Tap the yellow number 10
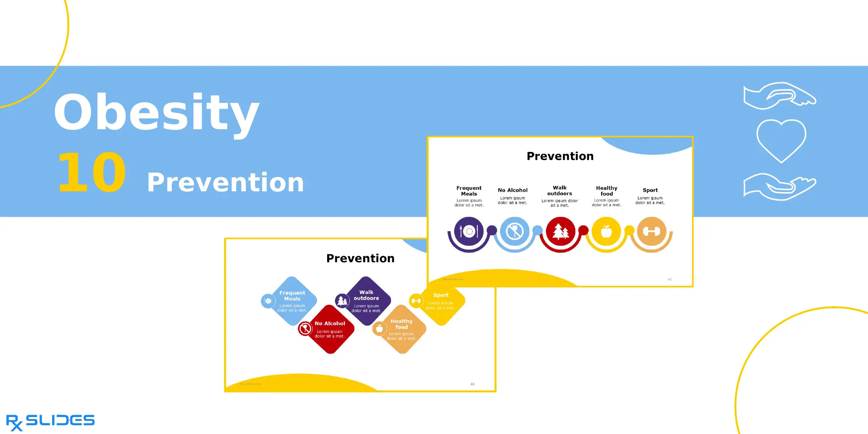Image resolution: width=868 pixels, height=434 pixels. (92, 172)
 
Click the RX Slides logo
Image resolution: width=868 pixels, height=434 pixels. (50, 422)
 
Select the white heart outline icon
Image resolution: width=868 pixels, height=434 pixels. (781, 140)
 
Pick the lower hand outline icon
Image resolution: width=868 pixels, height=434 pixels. (779, 187)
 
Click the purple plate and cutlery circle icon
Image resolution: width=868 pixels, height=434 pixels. (469, 231)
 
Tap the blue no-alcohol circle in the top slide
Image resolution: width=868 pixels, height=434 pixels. (514, 231)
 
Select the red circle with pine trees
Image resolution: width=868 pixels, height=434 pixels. (561, 231)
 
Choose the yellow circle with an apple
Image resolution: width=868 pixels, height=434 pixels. (606, 231)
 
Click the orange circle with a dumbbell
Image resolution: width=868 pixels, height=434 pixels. (652, 231)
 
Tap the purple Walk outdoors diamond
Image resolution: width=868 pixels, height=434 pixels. (366, 301)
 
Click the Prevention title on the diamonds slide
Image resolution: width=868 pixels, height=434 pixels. (360, 258)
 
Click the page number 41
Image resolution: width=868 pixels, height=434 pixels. (670, 279)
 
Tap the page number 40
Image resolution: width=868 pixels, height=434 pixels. (472, 384)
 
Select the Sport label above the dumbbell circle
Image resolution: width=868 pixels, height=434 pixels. (650, 190)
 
